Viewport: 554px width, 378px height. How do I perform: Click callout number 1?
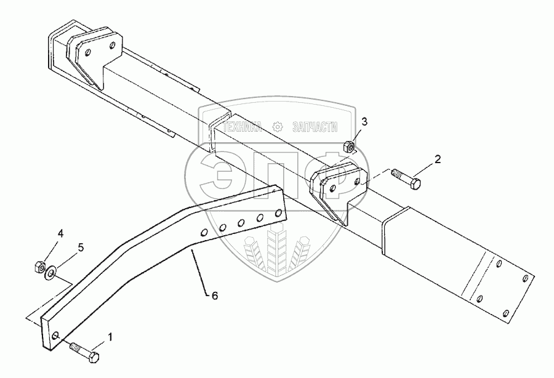pos(110,337)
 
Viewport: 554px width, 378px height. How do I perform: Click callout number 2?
pos(438,159)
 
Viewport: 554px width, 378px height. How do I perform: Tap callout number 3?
pos(364,121)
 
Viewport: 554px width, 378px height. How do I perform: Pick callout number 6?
pos(214,295)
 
